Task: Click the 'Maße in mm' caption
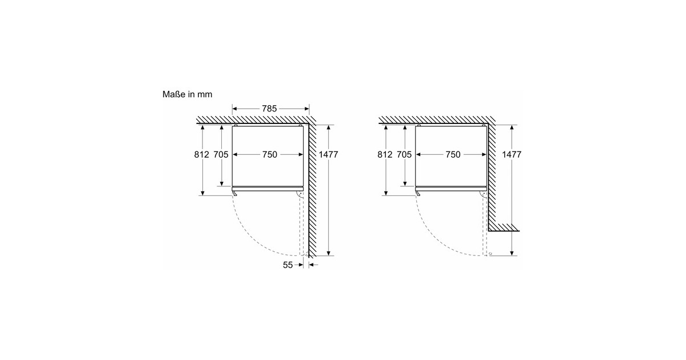point(187,94)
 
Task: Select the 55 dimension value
point(289,265)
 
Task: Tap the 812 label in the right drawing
point(385,155)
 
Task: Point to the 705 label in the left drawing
point(221,155)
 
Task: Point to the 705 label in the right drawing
point(404,155)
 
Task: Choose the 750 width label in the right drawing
point(452,155)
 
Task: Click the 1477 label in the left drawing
point(329,155)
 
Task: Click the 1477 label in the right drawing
point(512,155)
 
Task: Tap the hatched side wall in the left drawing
point(312,189)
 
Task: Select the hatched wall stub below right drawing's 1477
point(503,227)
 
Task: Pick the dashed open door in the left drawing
point(301,226)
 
